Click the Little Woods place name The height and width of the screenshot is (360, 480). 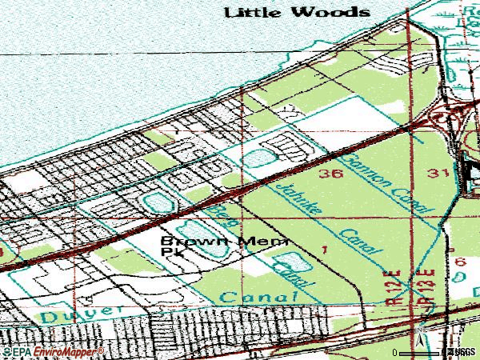297,12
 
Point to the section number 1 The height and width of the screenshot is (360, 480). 324,250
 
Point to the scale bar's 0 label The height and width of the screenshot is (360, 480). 394,352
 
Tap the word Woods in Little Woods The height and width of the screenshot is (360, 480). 333,12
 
